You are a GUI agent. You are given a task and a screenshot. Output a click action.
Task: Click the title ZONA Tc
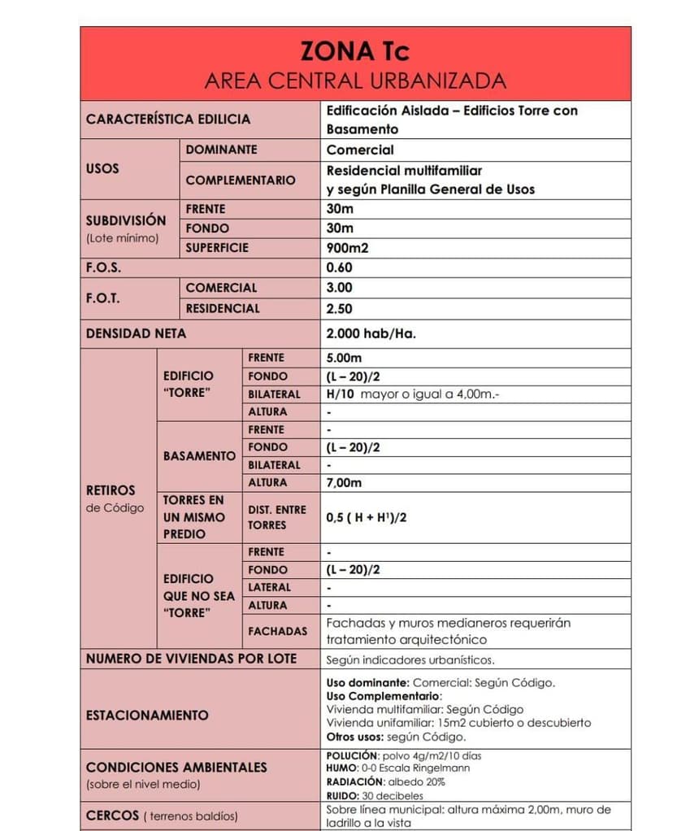click(x=354, y=51)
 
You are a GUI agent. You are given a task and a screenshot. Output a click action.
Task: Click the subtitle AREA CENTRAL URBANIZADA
click(x=354, y=81)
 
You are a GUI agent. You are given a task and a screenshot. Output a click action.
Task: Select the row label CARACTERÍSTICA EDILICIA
click(x=168, y=120)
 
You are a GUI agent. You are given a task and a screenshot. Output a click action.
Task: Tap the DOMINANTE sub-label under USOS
click(x=221, y=150)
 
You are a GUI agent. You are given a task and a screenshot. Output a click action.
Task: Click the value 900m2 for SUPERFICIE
click(x=347, y=248)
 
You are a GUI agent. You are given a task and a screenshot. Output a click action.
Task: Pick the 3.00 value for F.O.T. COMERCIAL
click(x=339, y=288)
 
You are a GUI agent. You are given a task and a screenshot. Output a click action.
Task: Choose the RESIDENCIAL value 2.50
click(x=339, y=309)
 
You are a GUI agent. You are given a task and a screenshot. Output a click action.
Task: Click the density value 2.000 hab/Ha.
click(x=371, y=333)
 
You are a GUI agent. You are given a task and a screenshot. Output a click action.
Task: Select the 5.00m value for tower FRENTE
click(x=344, y=358)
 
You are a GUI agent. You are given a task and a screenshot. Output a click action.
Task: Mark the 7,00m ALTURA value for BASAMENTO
click(x=344, y=483)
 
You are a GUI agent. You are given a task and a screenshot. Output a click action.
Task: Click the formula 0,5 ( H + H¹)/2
click(x=366, y=517)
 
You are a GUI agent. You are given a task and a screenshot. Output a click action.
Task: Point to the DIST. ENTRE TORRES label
click(x=277, y=517)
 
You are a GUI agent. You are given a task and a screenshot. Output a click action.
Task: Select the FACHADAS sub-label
click(x=277, y=631)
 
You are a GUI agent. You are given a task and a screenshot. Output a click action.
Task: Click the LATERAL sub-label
click(x=269, y=587)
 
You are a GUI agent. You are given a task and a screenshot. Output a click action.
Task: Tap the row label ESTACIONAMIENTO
click(x=147, y=716)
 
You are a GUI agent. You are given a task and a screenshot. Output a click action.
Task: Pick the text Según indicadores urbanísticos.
click(x=410, y=660)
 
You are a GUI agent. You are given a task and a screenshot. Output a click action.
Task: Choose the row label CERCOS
click(x=112, y=816)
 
